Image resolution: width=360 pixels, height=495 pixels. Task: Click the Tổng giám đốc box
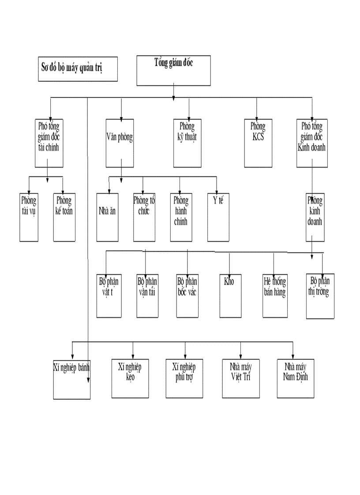[x=173, y=71]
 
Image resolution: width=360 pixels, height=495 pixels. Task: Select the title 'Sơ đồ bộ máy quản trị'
[x=77, y=69]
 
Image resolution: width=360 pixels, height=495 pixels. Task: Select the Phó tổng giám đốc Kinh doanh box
[x=312, y=143]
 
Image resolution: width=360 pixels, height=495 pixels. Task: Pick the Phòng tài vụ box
[x=29, y=217]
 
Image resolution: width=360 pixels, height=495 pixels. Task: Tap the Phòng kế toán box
[x=64, y=217]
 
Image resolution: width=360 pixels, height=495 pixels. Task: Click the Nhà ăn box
[x=108, y=217]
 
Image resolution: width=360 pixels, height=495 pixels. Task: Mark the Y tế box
[x=218, y=217]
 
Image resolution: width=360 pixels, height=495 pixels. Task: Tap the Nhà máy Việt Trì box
[x=240, y=378]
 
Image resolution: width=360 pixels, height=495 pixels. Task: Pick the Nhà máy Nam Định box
[x=296, y=378]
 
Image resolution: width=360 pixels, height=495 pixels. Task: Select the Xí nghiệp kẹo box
[x=130, y=378]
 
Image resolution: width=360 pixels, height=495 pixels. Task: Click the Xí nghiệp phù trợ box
[x=184, y=378]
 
